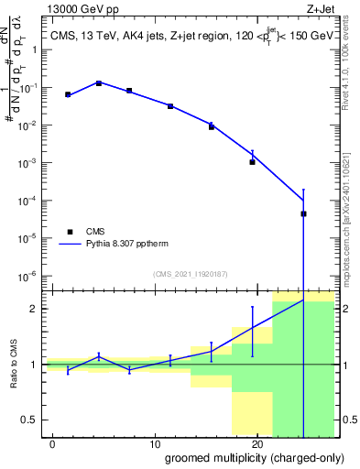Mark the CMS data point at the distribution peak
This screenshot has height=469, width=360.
(x=99, y=83)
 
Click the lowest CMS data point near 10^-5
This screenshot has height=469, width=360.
(x=303, y=213)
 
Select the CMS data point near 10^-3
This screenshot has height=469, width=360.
(x=252, y=161)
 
